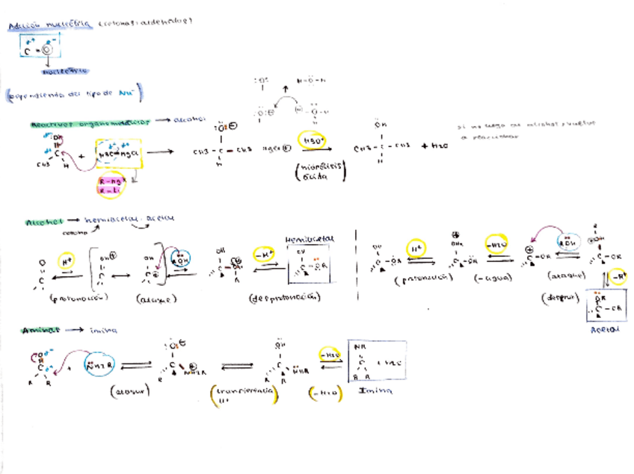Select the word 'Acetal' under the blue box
(606, 328)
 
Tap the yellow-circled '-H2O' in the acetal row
(498, 246)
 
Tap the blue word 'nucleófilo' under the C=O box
(60, 72)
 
